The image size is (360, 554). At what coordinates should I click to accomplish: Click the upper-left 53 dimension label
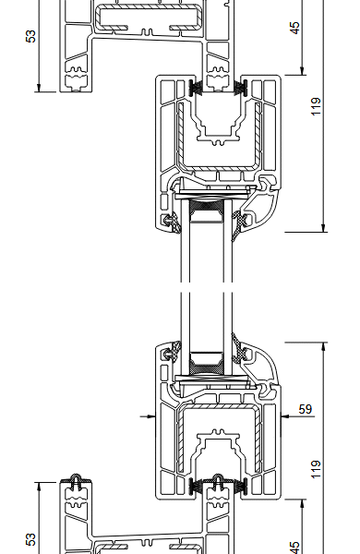31,36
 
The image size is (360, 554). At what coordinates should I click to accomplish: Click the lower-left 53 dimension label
31,539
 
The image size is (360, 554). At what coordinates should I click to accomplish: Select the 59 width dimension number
306,409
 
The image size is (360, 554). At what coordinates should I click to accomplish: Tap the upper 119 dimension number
316,106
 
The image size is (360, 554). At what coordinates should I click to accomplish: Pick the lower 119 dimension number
316,469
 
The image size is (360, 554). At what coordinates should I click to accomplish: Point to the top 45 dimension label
295,28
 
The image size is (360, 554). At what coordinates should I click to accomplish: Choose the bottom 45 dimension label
295,548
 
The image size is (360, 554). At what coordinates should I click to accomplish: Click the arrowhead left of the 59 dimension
151,416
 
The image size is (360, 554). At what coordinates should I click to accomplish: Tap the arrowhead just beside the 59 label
285,416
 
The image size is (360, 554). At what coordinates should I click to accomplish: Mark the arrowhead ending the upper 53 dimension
39,88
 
